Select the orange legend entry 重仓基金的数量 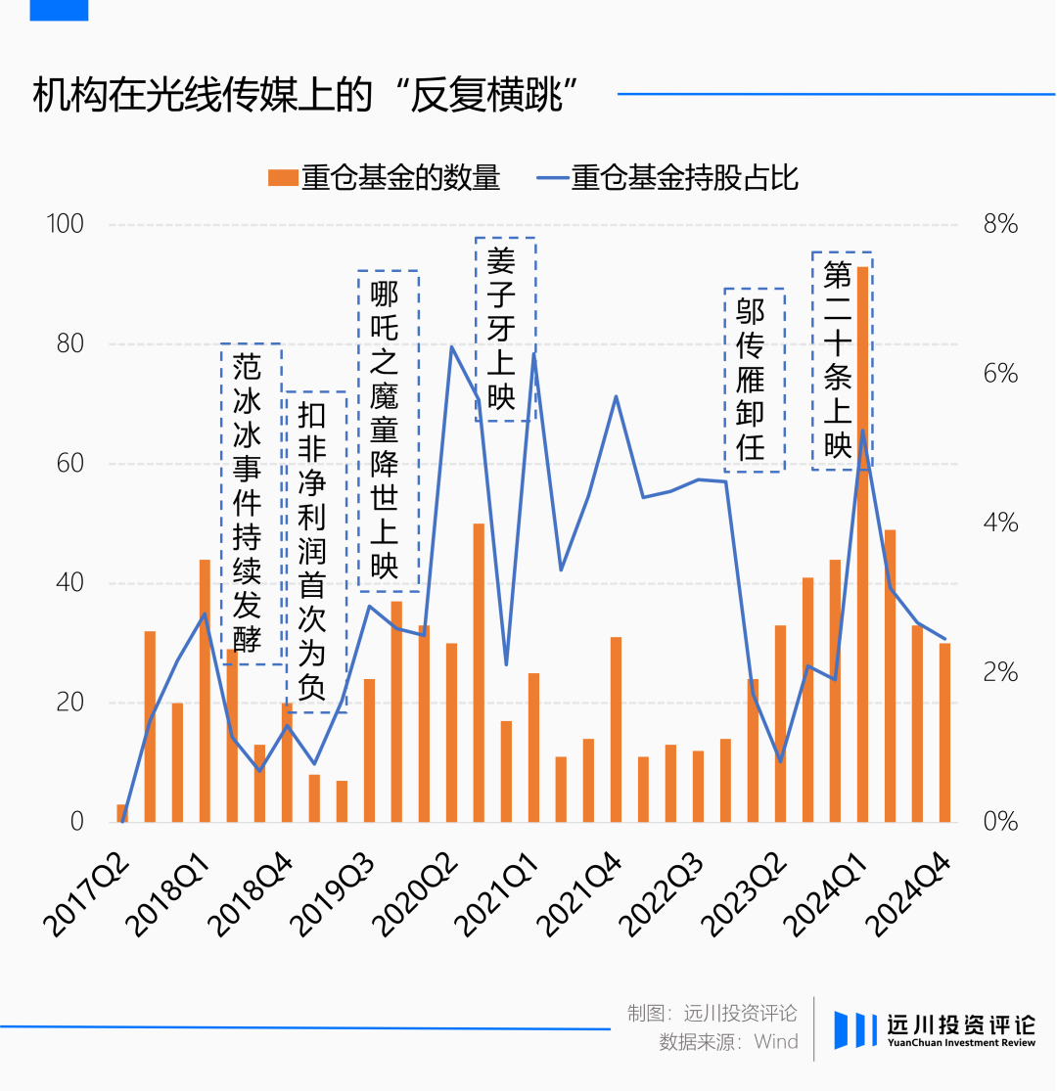point(384,178)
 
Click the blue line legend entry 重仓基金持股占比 point(667,178)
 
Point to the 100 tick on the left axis point(66,224)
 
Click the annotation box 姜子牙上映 point(505,329)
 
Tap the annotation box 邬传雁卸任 point(754,380)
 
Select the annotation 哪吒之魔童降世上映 point(388,431)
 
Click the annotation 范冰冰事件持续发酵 point(250,503)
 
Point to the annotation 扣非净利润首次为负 point(315,552)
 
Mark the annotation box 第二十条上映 point(841,360)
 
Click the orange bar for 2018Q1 point(205,691)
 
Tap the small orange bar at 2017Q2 point(122,813)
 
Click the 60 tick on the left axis point(69,464)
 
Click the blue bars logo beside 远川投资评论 point(855,1030)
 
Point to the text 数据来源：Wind point(728,1042)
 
